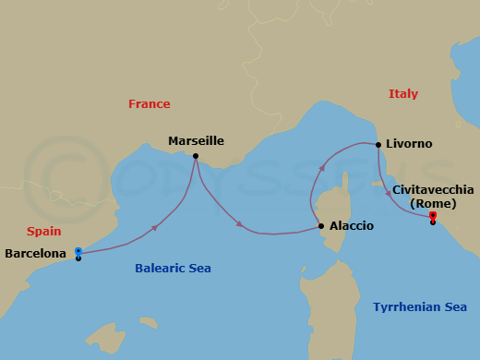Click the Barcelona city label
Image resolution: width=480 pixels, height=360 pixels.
35,253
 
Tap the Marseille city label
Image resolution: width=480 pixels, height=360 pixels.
196,141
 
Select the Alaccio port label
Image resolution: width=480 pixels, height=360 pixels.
351,225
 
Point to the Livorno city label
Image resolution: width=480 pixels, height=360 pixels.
410,144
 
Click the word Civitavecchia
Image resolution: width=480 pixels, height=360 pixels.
433,189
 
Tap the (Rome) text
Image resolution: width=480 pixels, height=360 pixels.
433,203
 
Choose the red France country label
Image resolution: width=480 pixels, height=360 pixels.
149,104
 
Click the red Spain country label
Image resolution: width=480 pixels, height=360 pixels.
43,232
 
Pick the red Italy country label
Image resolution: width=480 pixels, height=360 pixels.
403,94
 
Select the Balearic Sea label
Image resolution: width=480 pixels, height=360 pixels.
173,269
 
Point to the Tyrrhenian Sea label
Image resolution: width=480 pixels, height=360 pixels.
420,307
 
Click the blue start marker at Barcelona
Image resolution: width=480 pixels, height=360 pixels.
78,251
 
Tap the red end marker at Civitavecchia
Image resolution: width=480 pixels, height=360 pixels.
433,216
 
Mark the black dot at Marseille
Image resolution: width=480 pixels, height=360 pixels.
196,155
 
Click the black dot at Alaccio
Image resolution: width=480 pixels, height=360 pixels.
320,226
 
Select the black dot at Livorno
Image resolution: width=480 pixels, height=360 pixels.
378,144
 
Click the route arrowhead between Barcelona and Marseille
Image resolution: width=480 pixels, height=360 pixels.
154,226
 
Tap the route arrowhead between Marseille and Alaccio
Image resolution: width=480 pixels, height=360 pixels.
240,224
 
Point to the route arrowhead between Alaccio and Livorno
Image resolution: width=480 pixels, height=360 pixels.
322,168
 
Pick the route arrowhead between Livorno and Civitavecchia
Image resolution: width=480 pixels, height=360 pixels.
388,192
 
